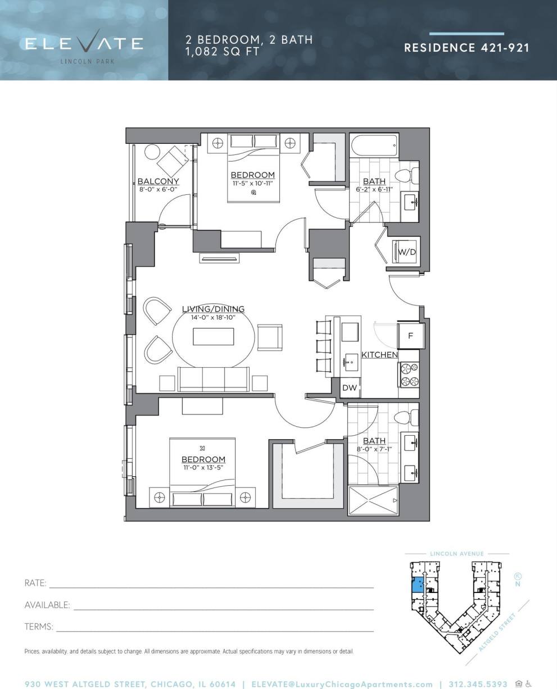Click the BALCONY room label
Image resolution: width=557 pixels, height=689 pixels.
[158, 181]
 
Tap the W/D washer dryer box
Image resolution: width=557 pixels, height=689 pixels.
[407, 252]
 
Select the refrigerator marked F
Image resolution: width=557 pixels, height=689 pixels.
[410, 336]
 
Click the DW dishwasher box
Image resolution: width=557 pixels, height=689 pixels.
[350, 387]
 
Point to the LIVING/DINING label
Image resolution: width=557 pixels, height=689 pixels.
[213, 309]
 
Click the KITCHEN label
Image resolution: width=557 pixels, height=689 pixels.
[379, 355]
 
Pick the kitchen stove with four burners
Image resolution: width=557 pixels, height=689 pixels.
[409, 375]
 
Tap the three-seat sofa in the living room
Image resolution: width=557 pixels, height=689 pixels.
[214, 379]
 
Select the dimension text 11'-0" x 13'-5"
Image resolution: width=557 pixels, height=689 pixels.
[203, 467]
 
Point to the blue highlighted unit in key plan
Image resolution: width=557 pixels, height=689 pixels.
[417, 585]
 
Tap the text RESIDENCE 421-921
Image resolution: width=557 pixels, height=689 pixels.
[467, 48]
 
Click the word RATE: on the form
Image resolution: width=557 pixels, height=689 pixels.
[35, 583]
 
